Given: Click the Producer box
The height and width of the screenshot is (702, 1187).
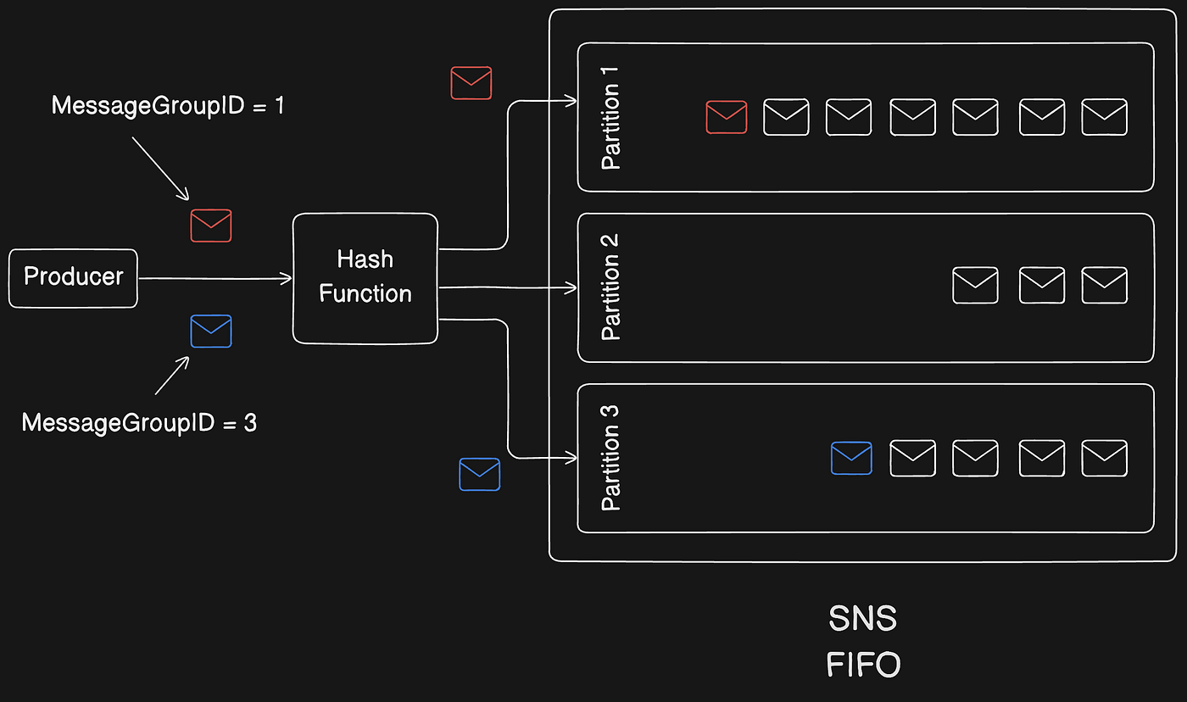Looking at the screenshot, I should (73, 277).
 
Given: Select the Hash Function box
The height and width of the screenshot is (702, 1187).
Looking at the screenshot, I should (365, 278).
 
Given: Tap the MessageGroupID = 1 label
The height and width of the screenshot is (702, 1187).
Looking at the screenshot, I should (168, 106).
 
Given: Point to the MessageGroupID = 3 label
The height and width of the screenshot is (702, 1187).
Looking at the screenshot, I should (139, 422).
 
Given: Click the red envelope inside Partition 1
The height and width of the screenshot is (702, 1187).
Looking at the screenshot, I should (727, 117).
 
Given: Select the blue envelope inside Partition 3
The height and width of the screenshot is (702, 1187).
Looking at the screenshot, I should (852, 458).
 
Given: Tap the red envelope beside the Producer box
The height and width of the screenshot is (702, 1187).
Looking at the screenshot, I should (211, 226).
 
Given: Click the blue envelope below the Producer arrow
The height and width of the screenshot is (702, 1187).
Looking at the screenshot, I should (211, 331).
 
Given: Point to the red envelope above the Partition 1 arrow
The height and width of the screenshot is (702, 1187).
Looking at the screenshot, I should (471, 83).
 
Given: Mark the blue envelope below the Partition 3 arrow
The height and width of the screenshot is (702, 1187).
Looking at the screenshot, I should (480, 474).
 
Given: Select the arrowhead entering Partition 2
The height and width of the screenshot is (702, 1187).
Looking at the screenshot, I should (572, 288).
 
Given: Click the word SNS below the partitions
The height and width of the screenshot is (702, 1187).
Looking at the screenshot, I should (862, 619).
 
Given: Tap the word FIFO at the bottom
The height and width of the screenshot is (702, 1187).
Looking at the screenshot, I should (863, 664).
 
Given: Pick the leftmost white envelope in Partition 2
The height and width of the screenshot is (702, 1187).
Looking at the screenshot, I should (975, 286).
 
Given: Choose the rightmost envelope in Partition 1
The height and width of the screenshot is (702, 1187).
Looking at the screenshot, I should (1104, 117).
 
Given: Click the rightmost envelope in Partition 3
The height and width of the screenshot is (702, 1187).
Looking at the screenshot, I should (1104, 458).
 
